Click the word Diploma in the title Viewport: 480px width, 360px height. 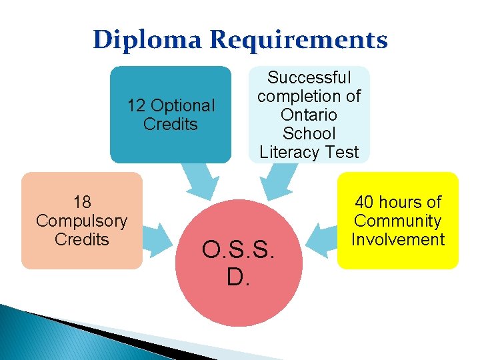coord(148,40)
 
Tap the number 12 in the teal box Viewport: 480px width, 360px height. coord(136,105)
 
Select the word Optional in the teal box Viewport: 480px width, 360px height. coord(181,105)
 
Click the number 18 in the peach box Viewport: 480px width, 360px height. coord(82,202)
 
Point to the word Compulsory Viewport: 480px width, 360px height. coord(82,221)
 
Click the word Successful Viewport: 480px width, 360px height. coord(309,78)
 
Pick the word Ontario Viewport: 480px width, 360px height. coord(309,115)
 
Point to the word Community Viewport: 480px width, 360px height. coord(397,221)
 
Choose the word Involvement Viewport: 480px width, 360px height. coord(397,239)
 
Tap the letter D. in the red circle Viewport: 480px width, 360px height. coord(238,276)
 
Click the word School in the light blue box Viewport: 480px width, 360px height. coord(309,134)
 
